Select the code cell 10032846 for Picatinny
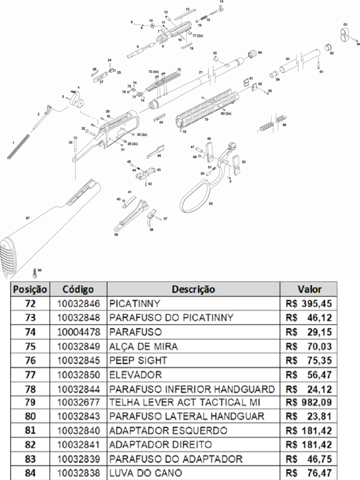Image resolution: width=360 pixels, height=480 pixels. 79,303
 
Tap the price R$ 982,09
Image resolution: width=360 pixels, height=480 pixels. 307,402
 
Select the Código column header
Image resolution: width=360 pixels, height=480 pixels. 78,289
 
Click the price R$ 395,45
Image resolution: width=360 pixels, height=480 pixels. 307,303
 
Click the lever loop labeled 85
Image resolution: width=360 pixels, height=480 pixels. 195,197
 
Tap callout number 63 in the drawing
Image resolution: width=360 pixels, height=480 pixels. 345,24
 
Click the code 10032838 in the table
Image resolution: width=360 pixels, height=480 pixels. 79,473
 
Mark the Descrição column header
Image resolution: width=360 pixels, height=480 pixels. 193,289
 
